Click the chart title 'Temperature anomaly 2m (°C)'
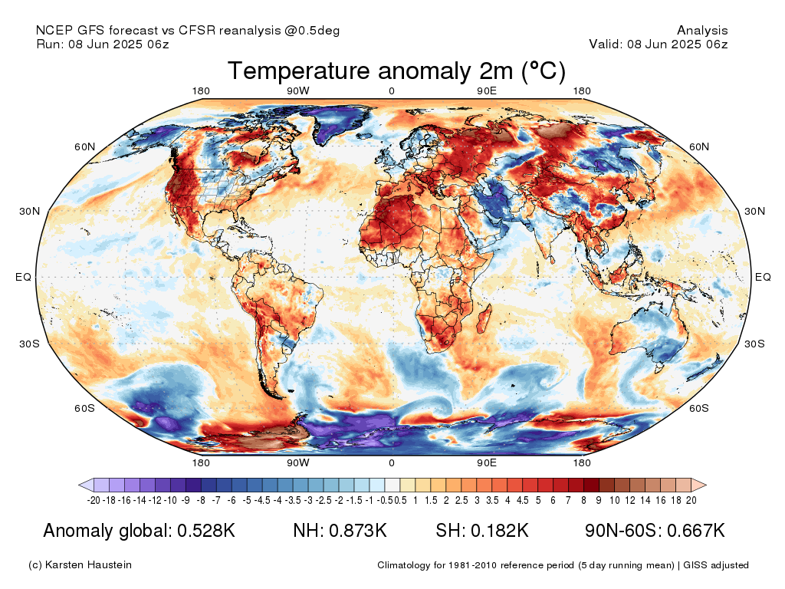(396, 71)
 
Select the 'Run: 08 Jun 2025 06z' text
(103, 44)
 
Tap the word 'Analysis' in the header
(702, 31)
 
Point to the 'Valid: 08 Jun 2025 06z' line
(659, 44)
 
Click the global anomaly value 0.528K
(206, 531)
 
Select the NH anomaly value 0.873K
(357, 531)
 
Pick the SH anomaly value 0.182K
(500, 531)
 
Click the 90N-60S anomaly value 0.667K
(696, 531)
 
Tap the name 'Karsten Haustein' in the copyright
(88, 565)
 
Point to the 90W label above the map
(298, 91)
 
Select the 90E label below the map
(487, 462)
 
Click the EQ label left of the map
(23, 277)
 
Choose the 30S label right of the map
(754, 344)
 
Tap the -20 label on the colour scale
(94, 500)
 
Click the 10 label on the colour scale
(615, 500)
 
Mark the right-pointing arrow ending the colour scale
(699, 485)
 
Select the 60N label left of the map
(84, 146)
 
